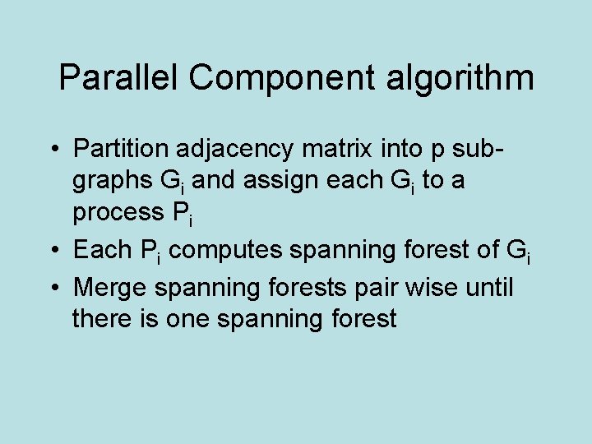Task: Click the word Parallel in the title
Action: point(119,78)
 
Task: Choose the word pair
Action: point(367,289)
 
